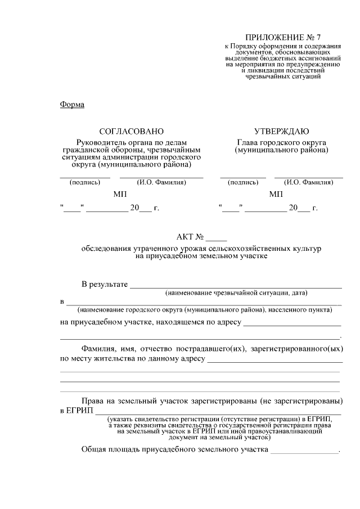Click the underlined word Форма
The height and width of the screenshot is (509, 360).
[71, 105]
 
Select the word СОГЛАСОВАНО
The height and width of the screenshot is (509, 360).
[132, 131]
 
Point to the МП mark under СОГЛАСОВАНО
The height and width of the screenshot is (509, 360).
[120, 195]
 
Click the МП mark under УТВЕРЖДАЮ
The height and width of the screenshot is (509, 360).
[276, 195]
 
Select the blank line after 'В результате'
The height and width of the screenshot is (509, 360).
[236, 286]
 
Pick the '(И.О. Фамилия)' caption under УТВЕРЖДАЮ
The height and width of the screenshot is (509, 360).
[308, 182]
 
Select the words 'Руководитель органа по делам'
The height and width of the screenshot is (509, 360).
[131, 143]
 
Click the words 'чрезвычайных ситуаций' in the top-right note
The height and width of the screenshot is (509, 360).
[283, 76]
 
